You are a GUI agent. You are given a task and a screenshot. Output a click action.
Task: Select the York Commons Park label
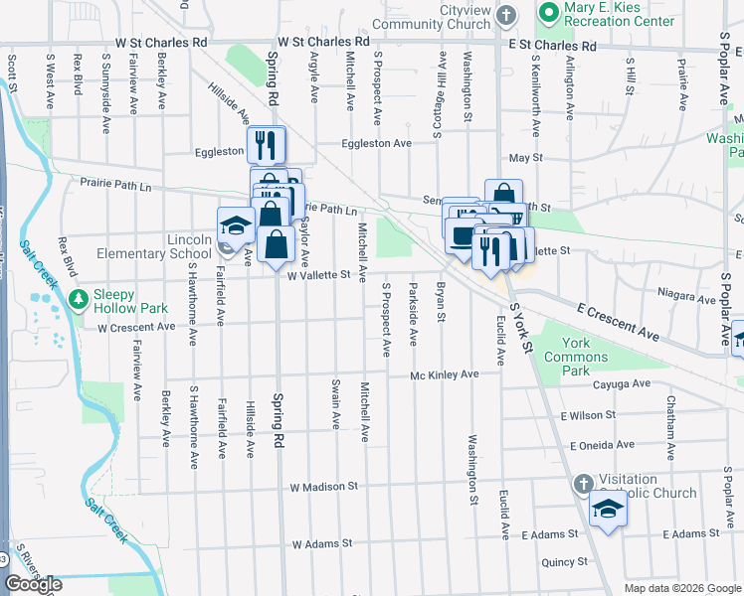(x=569, y=357)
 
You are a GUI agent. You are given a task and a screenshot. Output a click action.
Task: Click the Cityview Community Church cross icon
(x=506, y=15)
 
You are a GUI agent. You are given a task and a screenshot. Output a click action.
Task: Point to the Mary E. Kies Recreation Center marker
(x=545, y=14)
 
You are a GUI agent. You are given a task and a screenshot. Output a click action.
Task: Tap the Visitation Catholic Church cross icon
(x=584, y=484)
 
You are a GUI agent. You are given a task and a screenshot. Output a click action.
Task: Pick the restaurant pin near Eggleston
(x=266, y=145)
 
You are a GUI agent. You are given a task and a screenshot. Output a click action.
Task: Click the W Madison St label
(x=323, y=488)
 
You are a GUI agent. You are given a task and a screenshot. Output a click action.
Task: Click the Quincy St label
(x=565, y=562)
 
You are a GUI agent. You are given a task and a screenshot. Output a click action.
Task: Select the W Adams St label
(x=322, y=544)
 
